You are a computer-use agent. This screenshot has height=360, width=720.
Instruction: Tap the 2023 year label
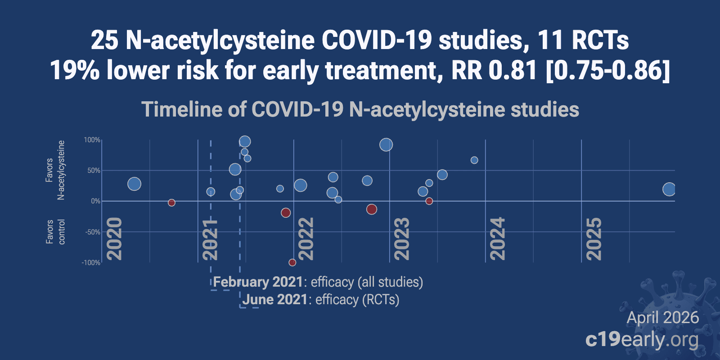pos(402,238)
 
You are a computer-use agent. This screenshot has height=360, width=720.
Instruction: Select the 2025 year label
pos(594,238)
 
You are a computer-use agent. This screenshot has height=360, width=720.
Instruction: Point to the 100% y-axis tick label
pos(92,140)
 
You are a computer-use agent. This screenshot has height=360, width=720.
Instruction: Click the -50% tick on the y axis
pos(92,232)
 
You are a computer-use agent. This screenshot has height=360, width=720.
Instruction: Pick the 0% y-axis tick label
pos(95,201)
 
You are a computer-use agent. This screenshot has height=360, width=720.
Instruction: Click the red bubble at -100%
pos(292,262)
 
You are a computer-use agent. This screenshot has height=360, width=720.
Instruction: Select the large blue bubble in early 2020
pos(134,184)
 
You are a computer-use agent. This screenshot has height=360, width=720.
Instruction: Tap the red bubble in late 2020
pos(171,202)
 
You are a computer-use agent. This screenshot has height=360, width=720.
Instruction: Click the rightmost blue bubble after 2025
pos(669,189)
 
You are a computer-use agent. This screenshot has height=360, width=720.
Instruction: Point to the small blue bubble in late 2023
pos(474,160)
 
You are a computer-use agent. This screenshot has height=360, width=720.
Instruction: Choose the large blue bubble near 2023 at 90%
pos(386,144)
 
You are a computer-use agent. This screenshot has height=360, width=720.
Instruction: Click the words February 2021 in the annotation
pos(258,282)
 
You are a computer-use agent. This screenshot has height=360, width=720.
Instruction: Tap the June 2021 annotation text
pos(275,300)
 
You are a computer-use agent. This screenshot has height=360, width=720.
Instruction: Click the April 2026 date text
pos(663,318)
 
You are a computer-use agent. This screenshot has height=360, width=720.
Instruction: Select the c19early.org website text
pos(642,340)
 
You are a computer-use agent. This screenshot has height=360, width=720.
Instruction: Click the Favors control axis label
pos(55,232)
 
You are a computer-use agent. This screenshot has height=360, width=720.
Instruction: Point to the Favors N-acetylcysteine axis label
pos(55,170)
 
